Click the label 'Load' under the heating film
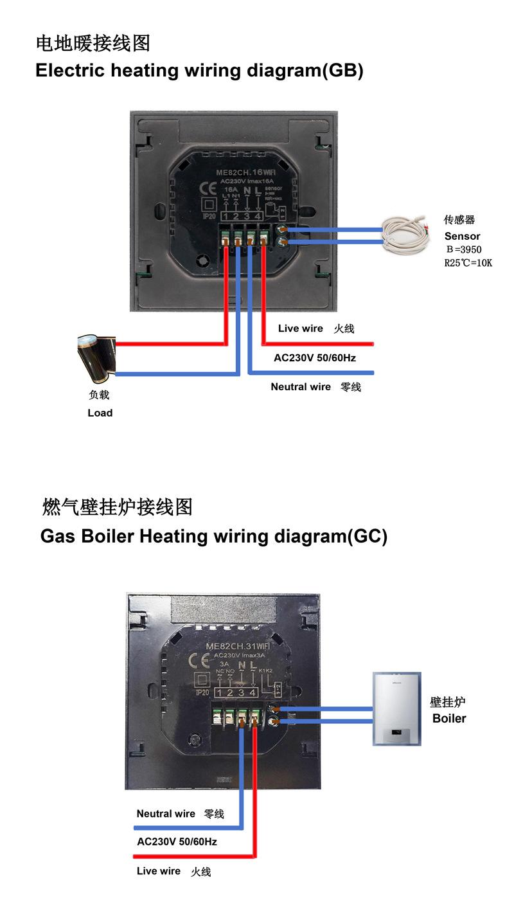(100, 413)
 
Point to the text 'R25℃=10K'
(468, 263)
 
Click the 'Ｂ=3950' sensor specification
(463, 249)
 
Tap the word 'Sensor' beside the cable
(462, 236)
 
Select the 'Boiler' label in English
(449, 718)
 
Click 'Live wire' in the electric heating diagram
(301, 328)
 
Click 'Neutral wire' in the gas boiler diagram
(166, 814)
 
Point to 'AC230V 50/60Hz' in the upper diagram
(315, 357)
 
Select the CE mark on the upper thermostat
(209, 189)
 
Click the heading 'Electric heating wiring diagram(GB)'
(199, 71)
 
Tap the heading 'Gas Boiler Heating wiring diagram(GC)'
(214, 535)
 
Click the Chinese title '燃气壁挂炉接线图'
(118, 507)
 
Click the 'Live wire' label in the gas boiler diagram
(159, 871)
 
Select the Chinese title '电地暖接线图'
(93, 44)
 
